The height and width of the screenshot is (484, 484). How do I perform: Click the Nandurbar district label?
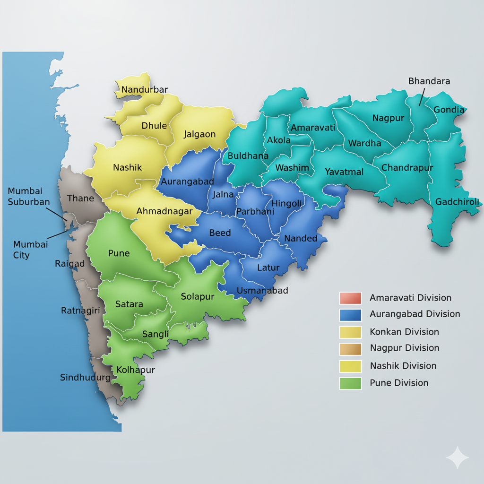pyautogui.click(x=145, y=89)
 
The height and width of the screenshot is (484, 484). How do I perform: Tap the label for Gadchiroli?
pyautogui.click(x=457, y=202)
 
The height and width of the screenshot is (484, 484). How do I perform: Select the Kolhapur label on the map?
pyautogui.click(x=136, y=370)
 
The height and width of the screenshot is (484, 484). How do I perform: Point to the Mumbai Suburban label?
pyautogui.click(x=28, y=196)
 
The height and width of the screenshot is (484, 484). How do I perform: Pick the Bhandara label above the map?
pyautogui.click(x=429, y=81)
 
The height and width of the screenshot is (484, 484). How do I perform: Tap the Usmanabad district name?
pyautogui.click(x=262, y=290)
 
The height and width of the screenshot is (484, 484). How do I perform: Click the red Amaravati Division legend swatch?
pyautogui.click(x=350, y=298)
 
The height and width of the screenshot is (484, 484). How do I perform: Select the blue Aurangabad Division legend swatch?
pyautogui.click(x=350, y=314)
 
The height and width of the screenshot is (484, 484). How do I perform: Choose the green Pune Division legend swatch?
pyautogui.click(x=350, y=383)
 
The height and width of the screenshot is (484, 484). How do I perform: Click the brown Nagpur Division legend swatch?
pyautogui.click(x=350, y=349)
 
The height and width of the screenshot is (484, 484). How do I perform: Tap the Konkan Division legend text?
pyautogui.click(x=404, y=332)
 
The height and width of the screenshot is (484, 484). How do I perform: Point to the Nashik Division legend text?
pyautogui.click(x=403, y=366)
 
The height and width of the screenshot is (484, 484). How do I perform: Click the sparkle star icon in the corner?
pyautogui.click(x=458, y=457)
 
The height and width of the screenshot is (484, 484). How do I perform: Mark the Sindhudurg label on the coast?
pyautogui.click(x=85, y=377)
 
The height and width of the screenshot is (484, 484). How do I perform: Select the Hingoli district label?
pyautogui.click(x=286, y=203)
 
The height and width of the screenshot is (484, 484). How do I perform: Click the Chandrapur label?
pyautogui.click(x=407, y=167)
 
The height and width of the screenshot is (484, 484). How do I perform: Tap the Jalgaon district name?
pyautogui.click(x=199, y=134)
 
